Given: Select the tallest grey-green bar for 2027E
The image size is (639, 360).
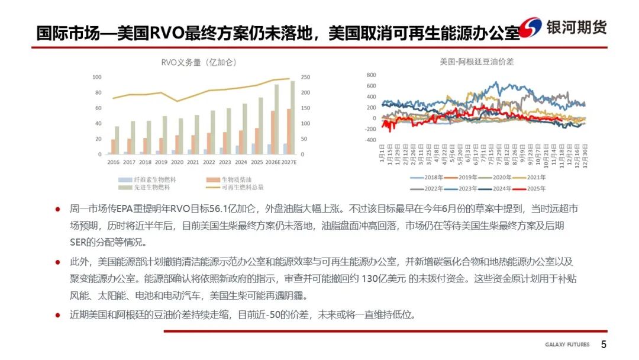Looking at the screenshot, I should pos(292,117).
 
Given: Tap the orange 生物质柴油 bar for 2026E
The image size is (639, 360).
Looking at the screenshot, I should pos(273,132).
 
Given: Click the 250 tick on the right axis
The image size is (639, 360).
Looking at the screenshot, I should pos(306,77).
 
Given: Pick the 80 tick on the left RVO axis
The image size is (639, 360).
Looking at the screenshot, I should pos(97,92).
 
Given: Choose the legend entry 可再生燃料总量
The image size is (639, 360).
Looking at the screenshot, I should pos(242,187).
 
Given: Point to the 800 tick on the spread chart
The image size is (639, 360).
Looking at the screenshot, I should pos(371,75).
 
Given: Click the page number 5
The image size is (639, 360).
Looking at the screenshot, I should pos(603,345).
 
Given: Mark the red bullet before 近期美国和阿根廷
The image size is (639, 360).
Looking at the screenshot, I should pos(58,314).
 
